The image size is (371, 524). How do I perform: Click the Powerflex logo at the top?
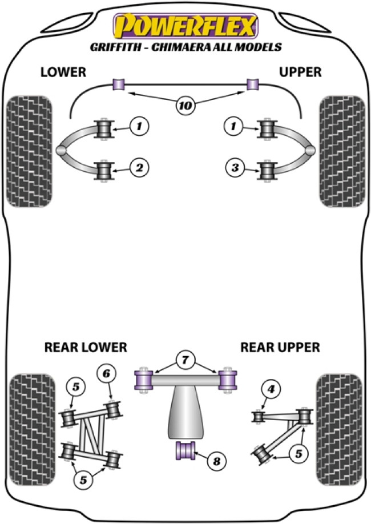click(x=185, y=26)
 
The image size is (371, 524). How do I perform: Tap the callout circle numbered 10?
click(x=185, y=105)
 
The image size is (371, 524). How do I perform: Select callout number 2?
click(x=139, y=168)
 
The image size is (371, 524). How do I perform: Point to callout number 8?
click(x=216, y=461)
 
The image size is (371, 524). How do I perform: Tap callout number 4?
click(x=271, y=390)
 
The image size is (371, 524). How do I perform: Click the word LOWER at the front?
click(x=63, y=72)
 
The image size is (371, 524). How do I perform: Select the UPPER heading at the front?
click(x=301, y=72)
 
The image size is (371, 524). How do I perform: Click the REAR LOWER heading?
click(x=85, y=347)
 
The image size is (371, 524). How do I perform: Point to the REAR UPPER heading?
click(x=280, y=347)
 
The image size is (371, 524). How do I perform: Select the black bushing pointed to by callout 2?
click(x=103, y=170)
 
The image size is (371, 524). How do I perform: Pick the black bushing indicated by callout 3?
click(x=267, y=170)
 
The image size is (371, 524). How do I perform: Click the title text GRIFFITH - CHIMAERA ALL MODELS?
click(x=185, y=47)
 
